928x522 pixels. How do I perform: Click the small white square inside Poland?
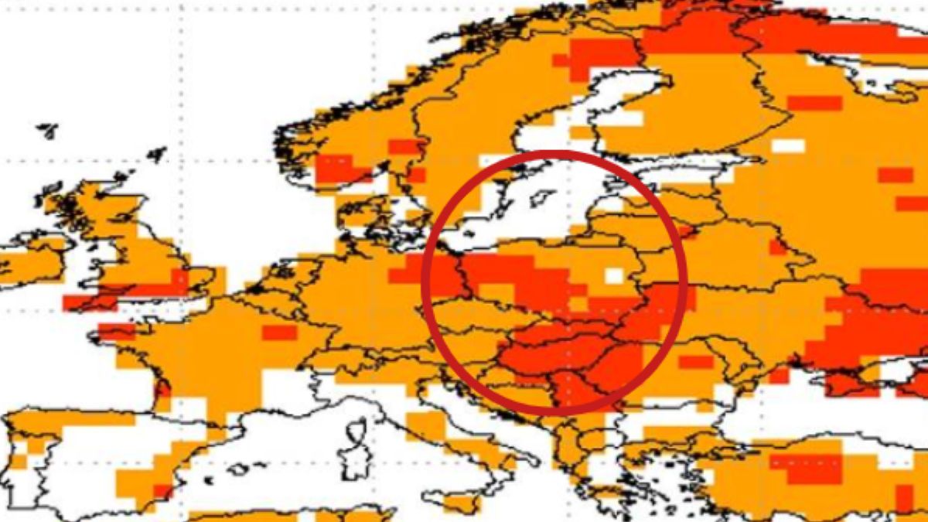click(614, 275)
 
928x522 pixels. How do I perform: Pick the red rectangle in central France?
click(279, 333)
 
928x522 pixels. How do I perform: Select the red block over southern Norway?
click(334, 169)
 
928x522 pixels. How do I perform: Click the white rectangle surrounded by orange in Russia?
click(788, 145)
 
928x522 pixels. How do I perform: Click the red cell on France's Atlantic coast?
click(162, 387)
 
